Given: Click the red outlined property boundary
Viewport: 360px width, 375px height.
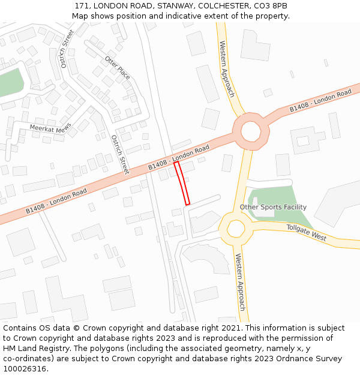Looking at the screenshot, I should pyautogui.click(x=182, y=183).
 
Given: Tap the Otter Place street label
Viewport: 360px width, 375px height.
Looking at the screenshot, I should pyautogui.click(x=118, y=67).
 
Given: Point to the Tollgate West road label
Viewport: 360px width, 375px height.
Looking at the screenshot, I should pyautogui.click(x=306, y=233).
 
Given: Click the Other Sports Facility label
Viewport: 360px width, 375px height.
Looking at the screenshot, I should pyautogui.click(x=273, y=207).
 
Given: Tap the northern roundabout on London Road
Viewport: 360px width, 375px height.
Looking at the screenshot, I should pyautogui.click(x=251, y=131).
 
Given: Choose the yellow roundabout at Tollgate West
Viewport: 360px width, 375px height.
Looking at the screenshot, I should pyautogui.click(x=236, y=227).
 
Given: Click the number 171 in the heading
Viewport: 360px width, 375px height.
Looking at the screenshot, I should pyautogui.click(x=83, y=5).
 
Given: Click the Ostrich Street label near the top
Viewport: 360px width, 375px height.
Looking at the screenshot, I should pyautogui.click(x=67, y=48).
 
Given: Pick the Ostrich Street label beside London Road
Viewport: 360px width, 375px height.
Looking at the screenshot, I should pyautogui.click(x=119, y=154).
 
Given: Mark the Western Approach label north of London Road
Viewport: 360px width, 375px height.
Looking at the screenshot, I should pyautogui.click(x=227, y=69).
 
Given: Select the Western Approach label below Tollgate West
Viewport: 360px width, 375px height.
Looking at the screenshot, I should pyautogui.click(x=240, y=282).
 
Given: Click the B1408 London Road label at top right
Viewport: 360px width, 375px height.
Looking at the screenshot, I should pyautogui.click(x=320, y=101).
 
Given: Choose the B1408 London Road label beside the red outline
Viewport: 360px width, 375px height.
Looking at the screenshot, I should pyautogui.click(x=178, y=156).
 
